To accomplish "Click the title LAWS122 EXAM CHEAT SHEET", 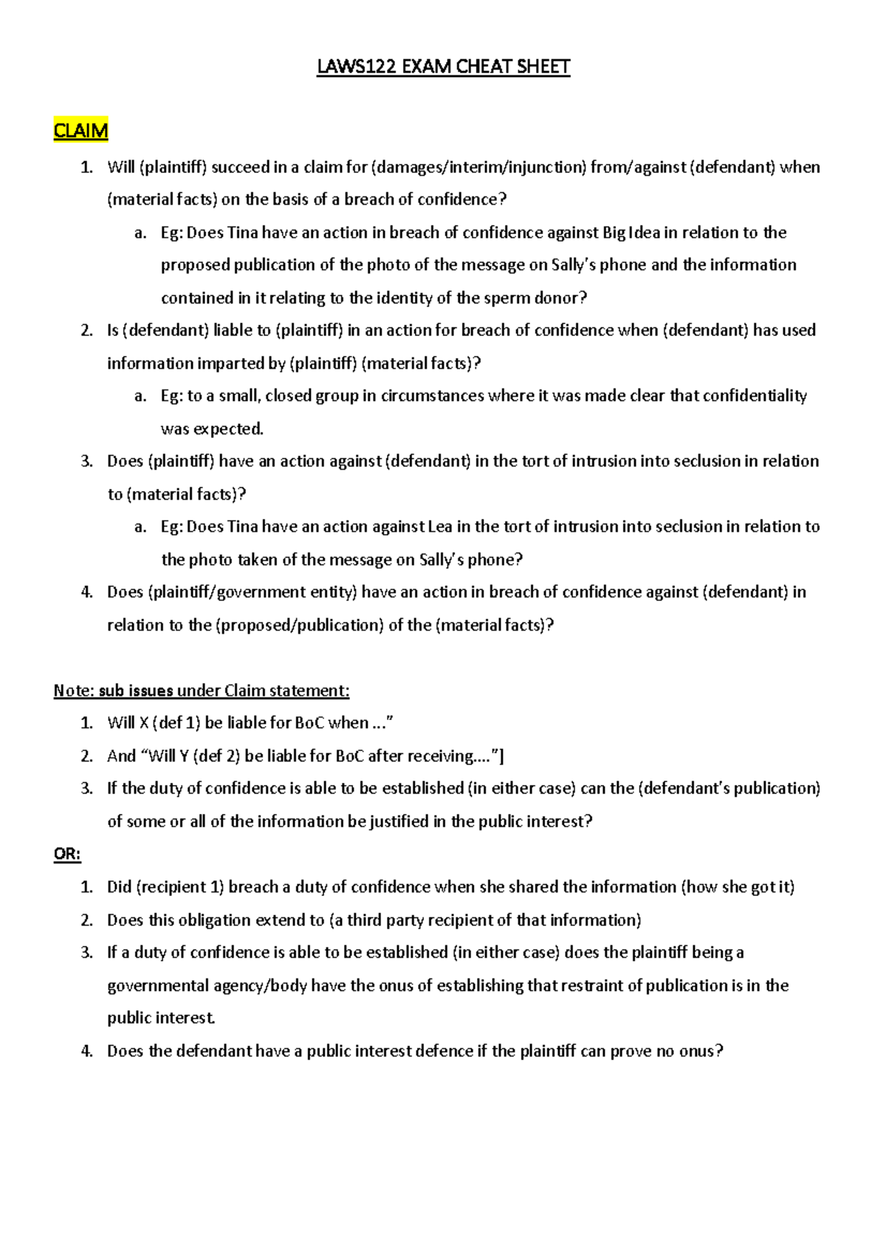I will [443, 67].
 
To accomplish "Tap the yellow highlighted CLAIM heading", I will [80, 131].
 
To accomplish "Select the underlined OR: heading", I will [66, 854].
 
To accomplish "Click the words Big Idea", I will [631, 233].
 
